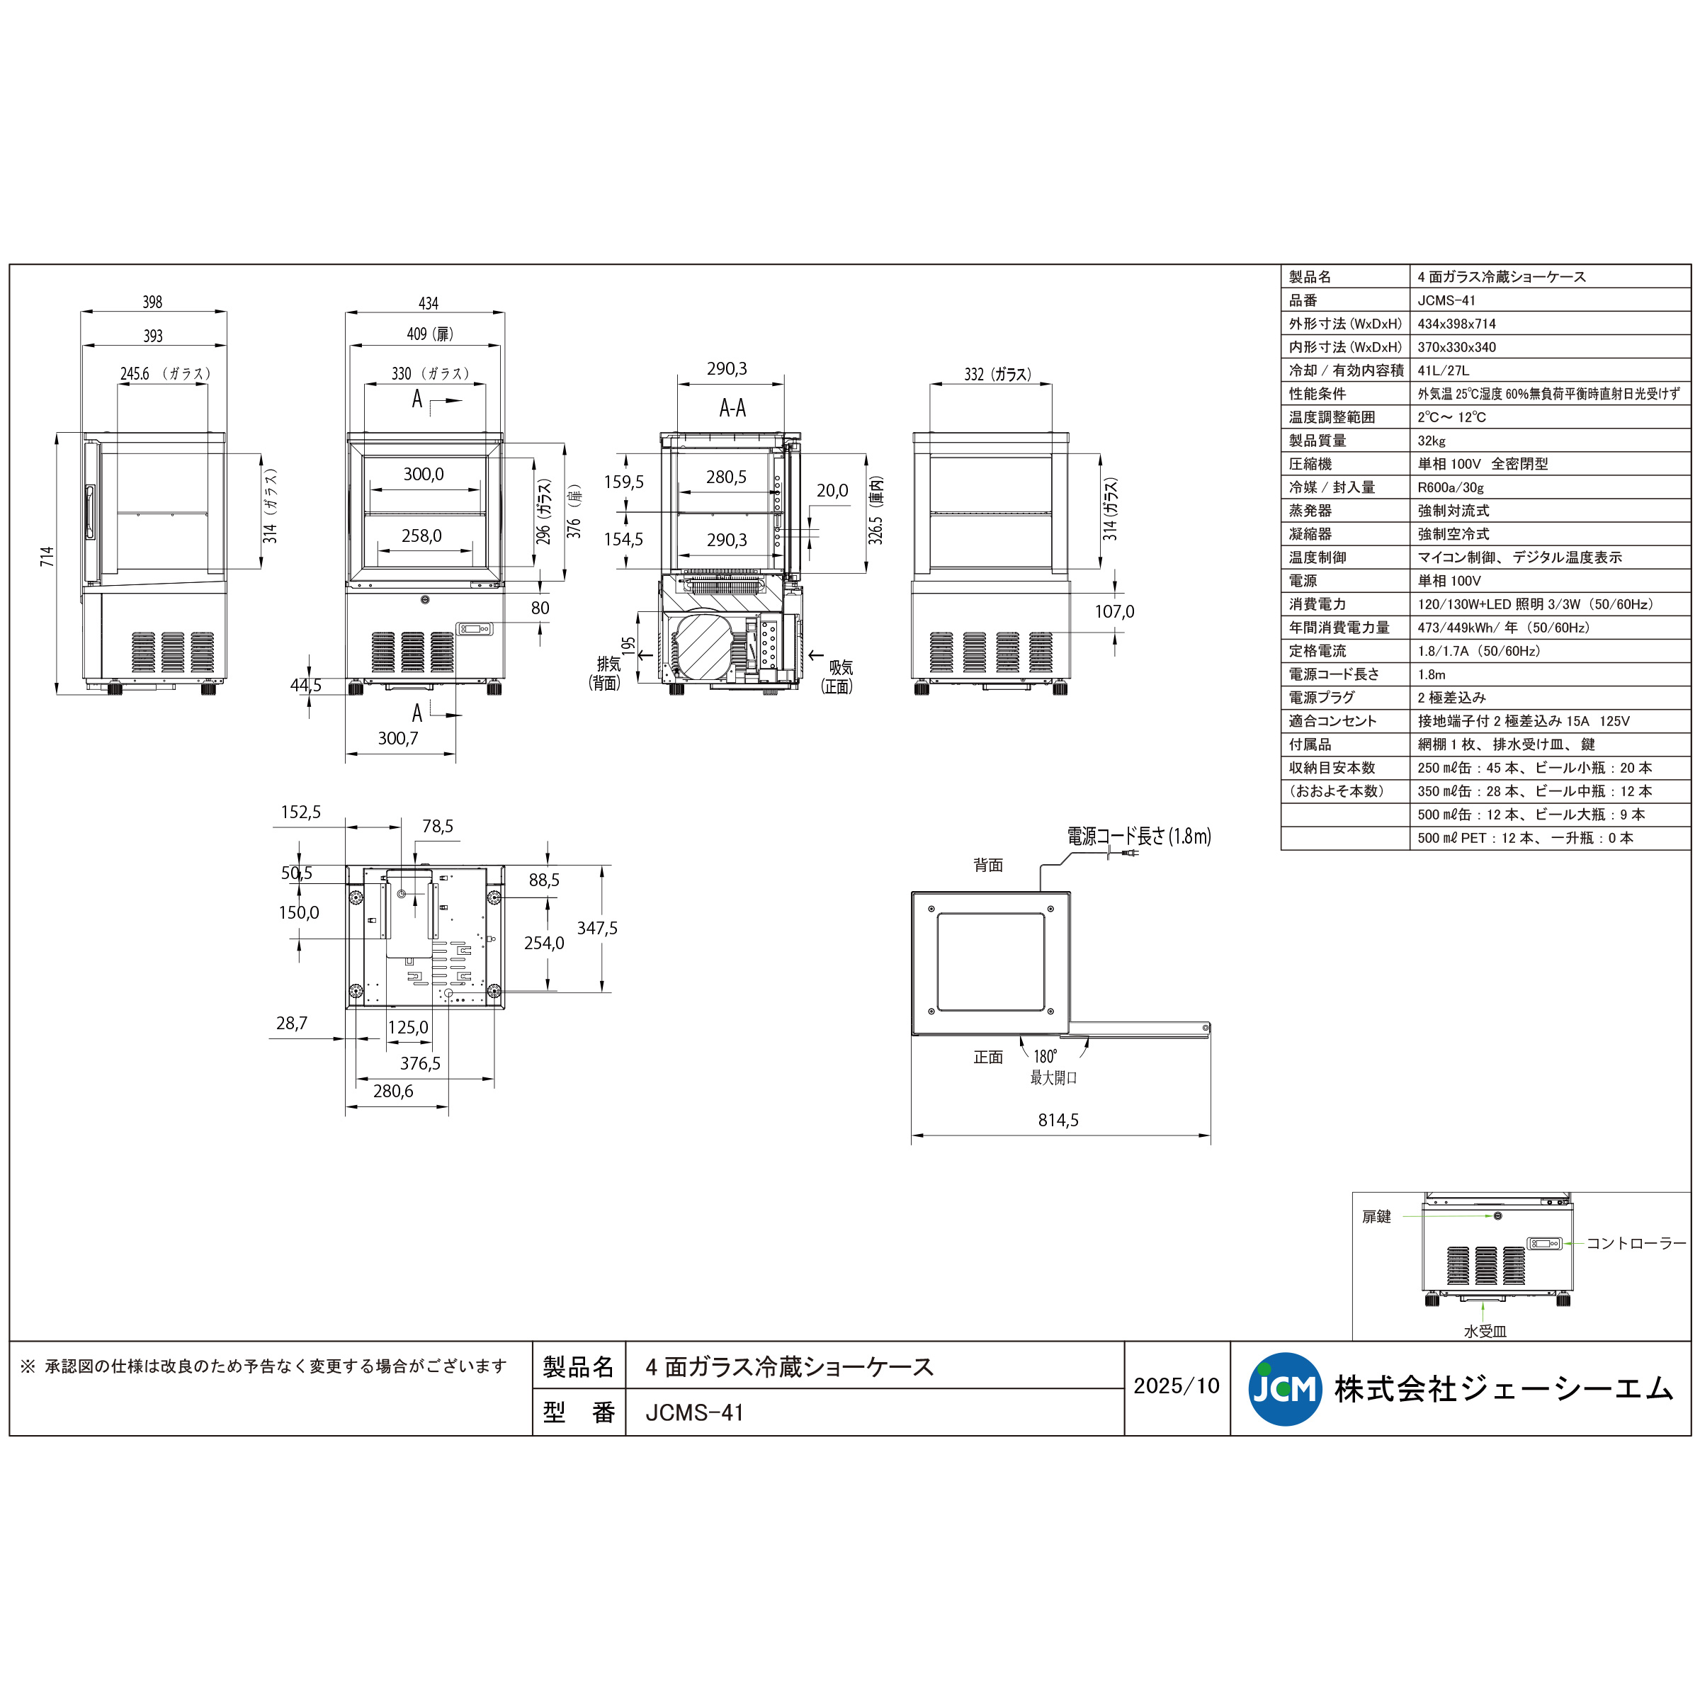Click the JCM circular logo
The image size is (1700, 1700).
(1285, 1388)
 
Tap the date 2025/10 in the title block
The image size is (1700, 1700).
(1176, 1386)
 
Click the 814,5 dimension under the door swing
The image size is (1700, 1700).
(1058, 1120)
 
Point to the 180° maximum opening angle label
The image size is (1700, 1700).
(1045, 1057)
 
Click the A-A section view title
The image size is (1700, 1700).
(732, 408)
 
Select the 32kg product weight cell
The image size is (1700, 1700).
(1432, 441)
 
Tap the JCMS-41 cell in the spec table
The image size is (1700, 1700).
(1446, 300)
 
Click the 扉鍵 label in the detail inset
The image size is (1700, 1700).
(1376, 1217)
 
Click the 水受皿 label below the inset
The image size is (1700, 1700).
(1485, 1332)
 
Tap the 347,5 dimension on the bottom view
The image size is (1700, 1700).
(596, 929)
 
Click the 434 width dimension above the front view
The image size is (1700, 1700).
(428, 304)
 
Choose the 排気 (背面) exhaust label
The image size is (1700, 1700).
(606, 673)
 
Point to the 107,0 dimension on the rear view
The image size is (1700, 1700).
(1114, 611)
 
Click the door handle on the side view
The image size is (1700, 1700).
(90, 512)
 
